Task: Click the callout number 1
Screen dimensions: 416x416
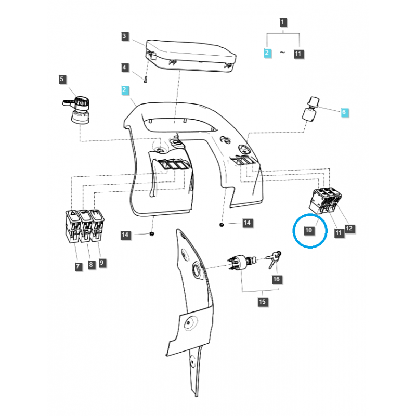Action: [282, 22]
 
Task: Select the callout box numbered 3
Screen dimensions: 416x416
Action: [125, 36]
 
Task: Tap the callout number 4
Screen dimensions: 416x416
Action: [125, 68]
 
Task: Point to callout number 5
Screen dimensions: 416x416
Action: [62, 80]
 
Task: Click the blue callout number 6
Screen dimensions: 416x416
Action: [343, 112]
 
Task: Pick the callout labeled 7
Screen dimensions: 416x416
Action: [78, 267]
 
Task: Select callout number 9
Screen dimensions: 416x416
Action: [102, 263]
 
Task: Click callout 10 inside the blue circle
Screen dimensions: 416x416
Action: [308, 230]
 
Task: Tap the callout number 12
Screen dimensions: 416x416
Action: [349, 228]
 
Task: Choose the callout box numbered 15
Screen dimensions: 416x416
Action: [262, 302]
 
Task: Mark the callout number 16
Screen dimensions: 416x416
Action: [276, 279]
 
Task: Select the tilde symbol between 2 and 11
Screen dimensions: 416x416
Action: [283, 53]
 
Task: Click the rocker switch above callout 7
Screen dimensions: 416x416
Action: [72, 226]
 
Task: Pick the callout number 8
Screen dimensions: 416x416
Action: [90, 265]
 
